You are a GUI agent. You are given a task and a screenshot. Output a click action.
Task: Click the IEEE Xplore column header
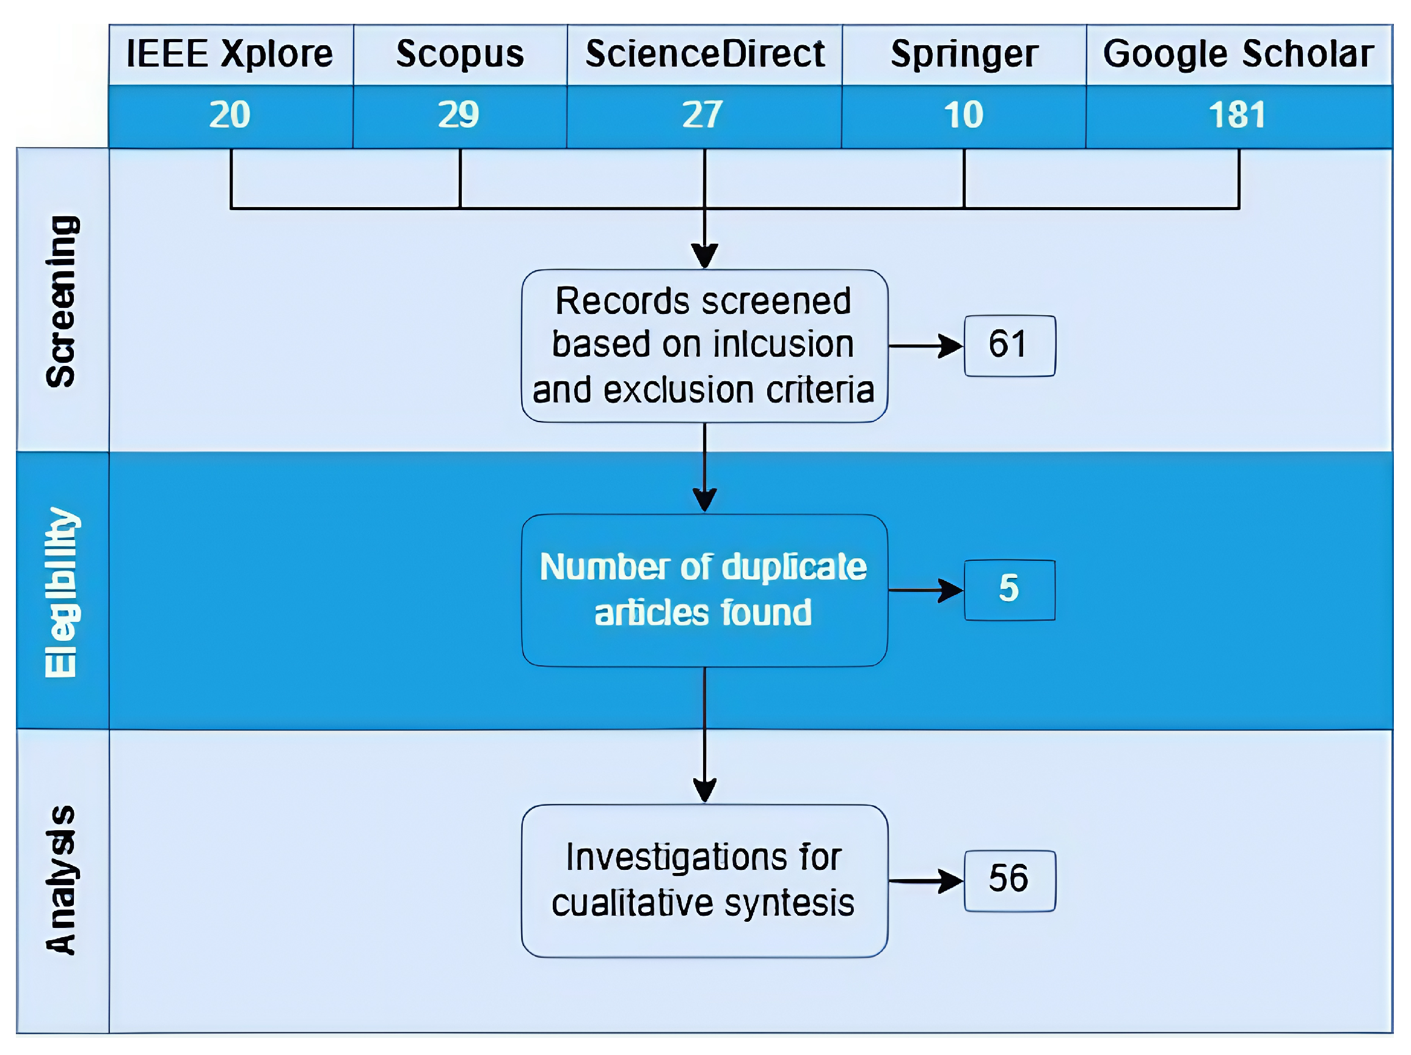230,54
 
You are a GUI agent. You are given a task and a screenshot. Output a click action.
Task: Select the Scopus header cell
460,54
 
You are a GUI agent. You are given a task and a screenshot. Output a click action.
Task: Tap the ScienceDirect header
704,54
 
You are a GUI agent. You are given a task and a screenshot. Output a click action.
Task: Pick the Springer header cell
964,54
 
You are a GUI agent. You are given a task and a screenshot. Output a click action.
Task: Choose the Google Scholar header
1238,54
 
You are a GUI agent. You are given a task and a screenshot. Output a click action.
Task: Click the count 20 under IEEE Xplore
230,115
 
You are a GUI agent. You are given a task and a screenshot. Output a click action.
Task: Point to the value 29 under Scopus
459,115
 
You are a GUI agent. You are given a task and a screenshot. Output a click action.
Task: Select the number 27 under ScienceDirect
702,115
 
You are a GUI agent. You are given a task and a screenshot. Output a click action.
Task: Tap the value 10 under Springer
963,115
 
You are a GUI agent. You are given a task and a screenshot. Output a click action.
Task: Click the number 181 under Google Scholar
1237,115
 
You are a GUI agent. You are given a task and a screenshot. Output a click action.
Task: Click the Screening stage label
62,301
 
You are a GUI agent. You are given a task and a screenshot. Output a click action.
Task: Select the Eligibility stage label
62,592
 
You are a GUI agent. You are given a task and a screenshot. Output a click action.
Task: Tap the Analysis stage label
62,880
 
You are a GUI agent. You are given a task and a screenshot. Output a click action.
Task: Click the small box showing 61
1009,346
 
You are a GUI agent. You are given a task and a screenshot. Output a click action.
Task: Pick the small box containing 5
1009,590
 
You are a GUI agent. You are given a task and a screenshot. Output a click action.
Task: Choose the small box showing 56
1009,880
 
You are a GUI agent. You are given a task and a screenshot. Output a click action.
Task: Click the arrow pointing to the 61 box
925,346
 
